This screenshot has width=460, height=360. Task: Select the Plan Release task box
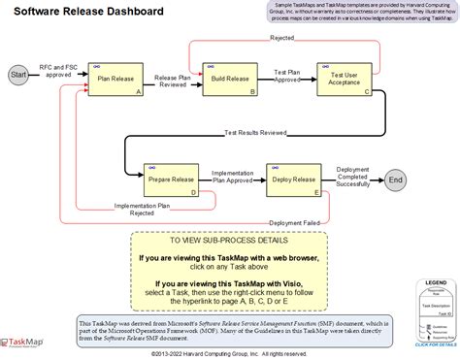(x=115, y=78)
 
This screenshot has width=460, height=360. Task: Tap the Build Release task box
(x=229, y=78)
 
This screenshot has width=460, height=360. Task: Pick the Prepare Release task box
(x=171, y=180)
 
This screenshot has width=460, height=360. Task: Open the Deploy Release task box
(x=294, y=180)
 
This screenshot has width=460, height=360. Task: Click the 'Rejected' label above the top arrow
(x=282, y=38)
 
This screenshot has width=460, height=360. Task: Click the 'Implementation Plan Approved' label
(x=233, y=176)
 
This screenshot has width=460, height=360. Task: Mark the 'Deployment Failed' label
(x=295, y=222)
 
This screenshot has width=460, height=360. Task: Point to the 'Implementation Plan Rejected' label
(x=141, y=209)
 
